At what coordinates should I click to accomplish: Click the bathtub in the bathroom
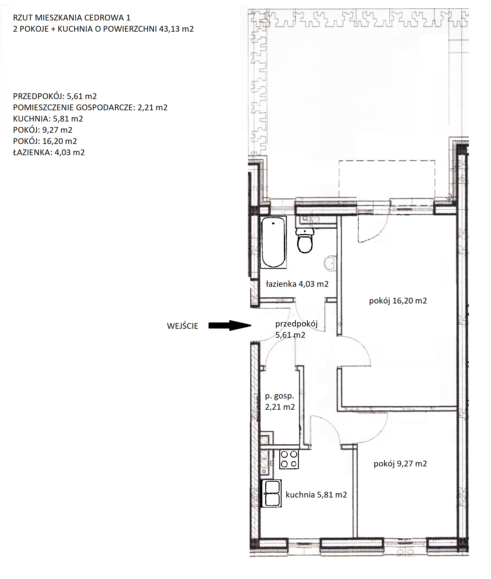pos(273,242)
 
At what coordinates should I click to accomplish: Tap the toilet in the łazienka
pos(305,241)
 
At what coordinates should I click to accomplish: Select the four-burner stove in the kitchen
pos(289,459)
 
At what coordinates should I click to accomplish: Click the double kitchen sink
pos(272,493)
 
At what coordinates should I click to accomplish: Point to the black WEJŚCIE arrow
pos(230,325)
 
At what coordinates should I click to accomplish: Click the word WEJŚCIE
pos(183,326)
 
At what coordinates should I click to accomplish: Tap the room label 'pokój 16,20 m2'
pos(398,301)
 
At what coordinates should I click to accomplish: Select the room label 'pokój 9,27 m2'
pos(400,464)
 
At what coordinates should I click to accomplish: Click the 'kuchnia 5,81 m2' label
pos(316,495)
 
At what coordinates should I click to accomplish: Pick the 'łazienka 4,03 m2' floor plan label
pos(297,284)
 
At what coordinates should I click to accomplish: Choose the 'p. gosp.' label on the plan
pos(280,396)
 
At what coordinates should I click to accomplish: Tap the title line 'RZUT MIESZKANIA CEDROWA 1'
pos(72,18)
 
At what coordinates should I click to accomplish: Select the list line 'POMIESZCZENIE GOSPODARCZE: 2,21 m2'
pos(90,108)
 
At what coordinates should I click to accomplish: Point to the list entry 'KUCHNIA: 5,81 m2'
pos(48,119)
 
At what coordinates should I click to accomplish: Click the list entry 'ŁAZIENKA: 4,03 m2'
pos(49,152)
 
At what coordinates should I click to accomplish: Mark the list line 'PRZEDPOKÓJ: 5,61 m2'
pos(55,96)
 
